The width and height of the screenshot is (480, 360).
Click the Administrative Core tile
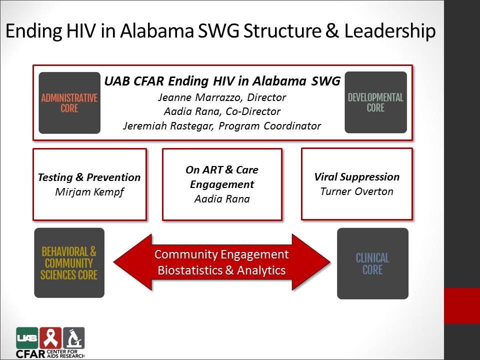pyautogui.click(x=69, y=103)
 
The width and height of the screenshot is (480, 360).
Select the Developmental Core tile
pyautogui.click(x=376, y=102)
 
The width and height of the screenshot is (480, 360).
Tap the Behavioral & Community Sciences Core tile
pyautogui.click(x=69, y=262)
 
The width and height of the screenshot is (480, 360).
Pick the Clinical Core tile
pyautogui.click(x=373, y=263)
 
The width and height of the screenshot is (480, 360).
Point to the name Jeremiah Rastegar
pyautogui.click(x=168, y=126)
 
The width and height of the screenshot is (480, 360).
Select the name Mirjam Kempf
pyautogui.click(x=89, y=192)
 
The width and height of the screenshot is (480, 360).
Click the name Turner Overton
pyautogui.click(x=357, y=191)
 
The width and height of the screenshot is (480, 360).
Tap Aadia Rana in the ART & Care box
pyautogui.click(x=222, y=199)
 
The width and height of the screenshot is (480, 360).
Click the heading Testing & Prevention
pyautogui.click(x=89, y=177)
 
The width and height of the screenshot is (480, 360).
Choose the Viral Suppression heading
pyautogui.click(x=357, y=176)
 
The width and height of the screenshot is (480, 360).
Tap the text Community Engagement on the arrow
pyautogui.click(x=221, y=254)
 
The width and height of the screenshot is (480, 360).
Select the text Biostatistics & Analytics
pyautogui.click(x=221, y=270)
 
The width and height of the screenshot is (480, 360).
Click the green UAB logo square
pyautogui.click(x=27, y=338)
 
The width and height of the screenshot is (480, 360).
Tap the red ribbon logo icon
pyautogui.click(x=50, y=338)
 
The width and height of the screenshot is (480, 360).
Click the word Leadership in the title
pyautogui.click(x=389, y=31)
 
